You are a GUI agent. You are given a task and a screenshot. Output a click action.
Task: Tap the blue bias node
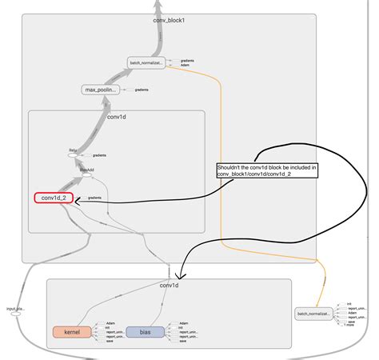click(x=146, y=331)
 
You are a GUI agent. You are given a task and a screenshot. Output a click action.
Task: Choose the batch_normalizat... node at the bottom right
click(x=313, y=314)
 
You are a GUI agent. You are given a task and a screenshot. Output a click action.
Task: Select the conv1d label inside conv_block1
click(x=118, y=117)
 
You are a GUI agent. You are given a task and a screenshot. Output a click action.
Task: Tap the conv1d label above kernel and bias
click(x=168, y=286)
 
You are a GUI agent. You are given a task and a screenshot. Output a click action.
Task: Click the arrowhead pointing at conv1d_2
click(x=79, y=203)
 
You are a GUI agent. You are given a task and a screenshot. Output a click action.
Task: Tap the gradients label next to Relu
click(x=99, y=155)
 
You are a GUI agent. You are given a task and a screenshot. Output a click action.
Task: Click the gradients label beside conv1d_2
click(x=94, y=198)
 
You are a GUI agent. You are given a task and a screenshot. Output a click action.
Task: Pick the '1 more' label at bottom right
click(x=349, y=326)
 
